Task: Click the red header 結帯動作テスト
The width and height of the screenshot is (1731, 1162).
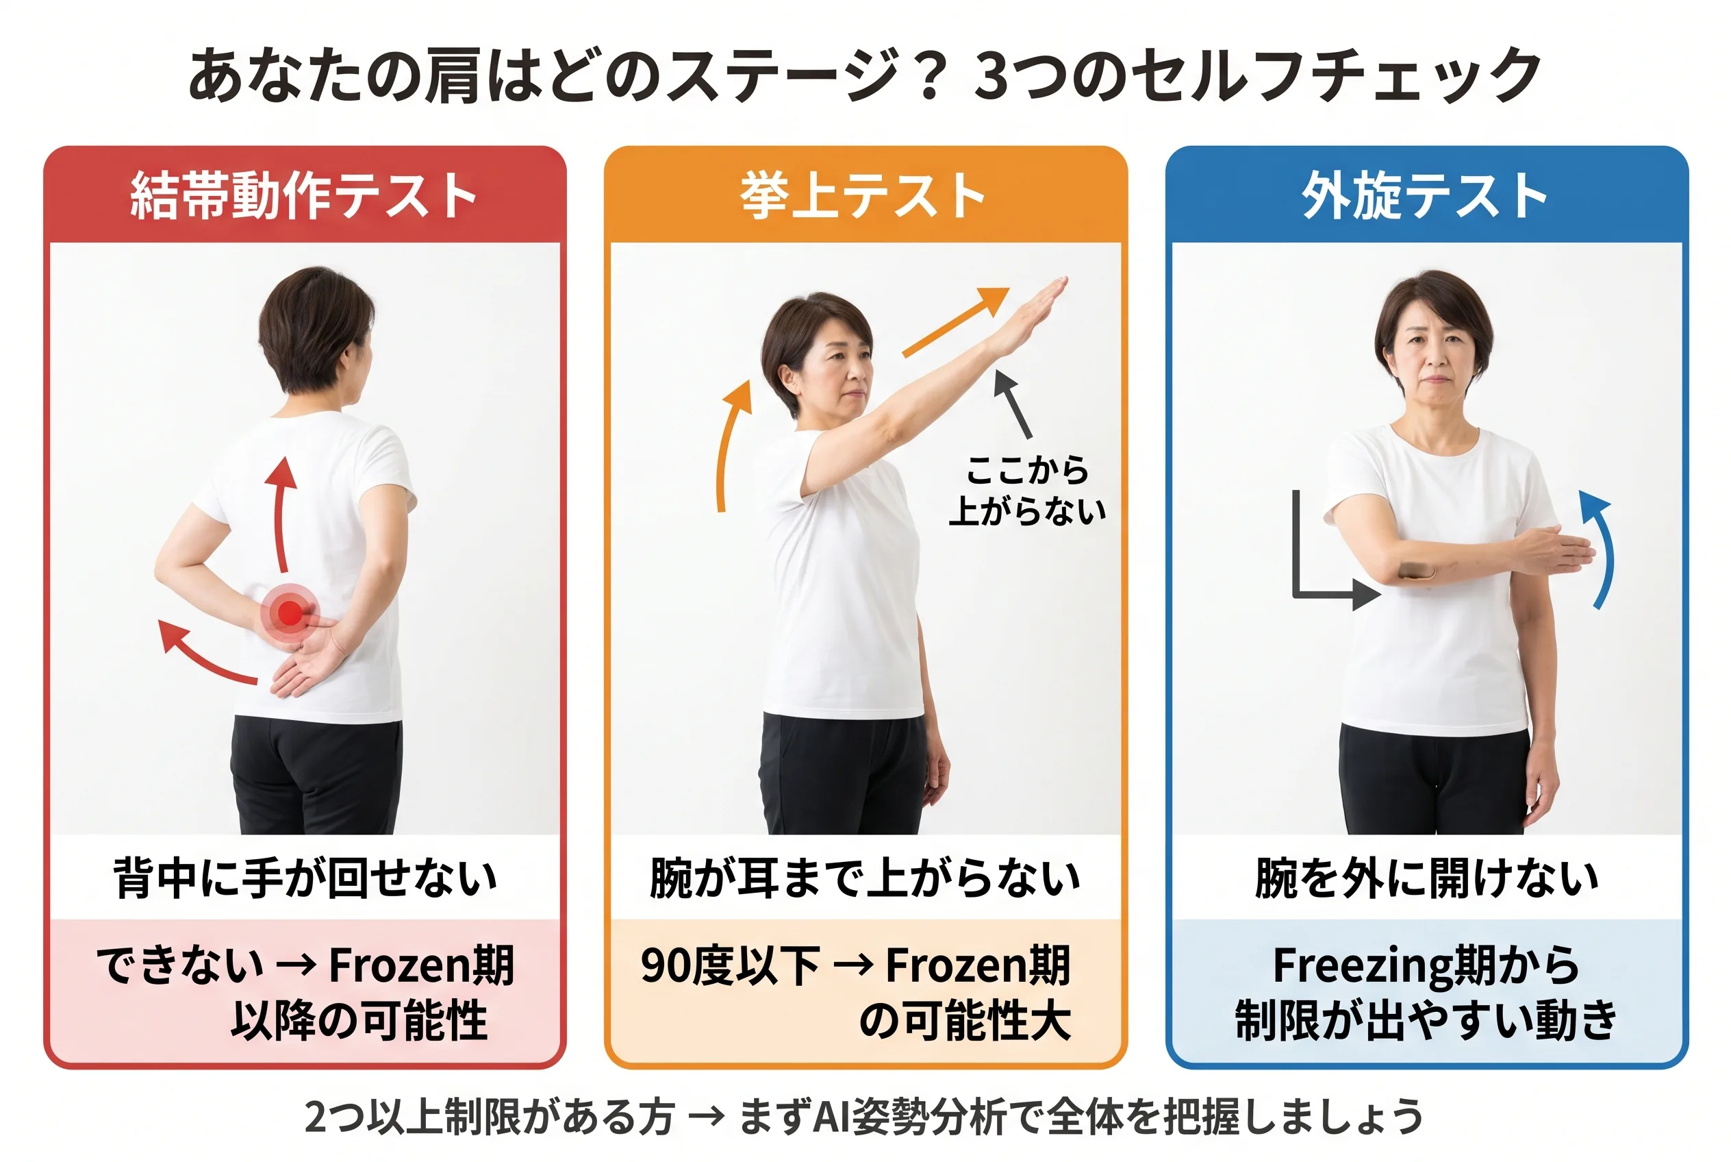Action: (304, 196)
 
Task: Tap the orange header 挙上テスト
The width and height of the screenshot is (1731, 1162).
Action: (863, 196)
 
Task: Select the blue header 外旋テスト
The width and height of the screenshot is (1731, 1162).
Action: (1425, 196)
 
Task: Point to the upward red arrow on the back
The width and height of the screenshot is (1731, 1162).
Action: (281, 511)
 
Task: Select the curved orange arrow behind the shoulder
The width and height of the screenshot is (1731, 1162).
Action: (730, 445)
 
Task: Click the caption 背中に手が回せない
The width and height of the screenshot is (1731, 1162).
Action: (305, 878)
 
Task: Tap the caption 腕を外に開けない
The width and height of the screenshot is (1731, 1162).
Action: (1426, 878)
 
